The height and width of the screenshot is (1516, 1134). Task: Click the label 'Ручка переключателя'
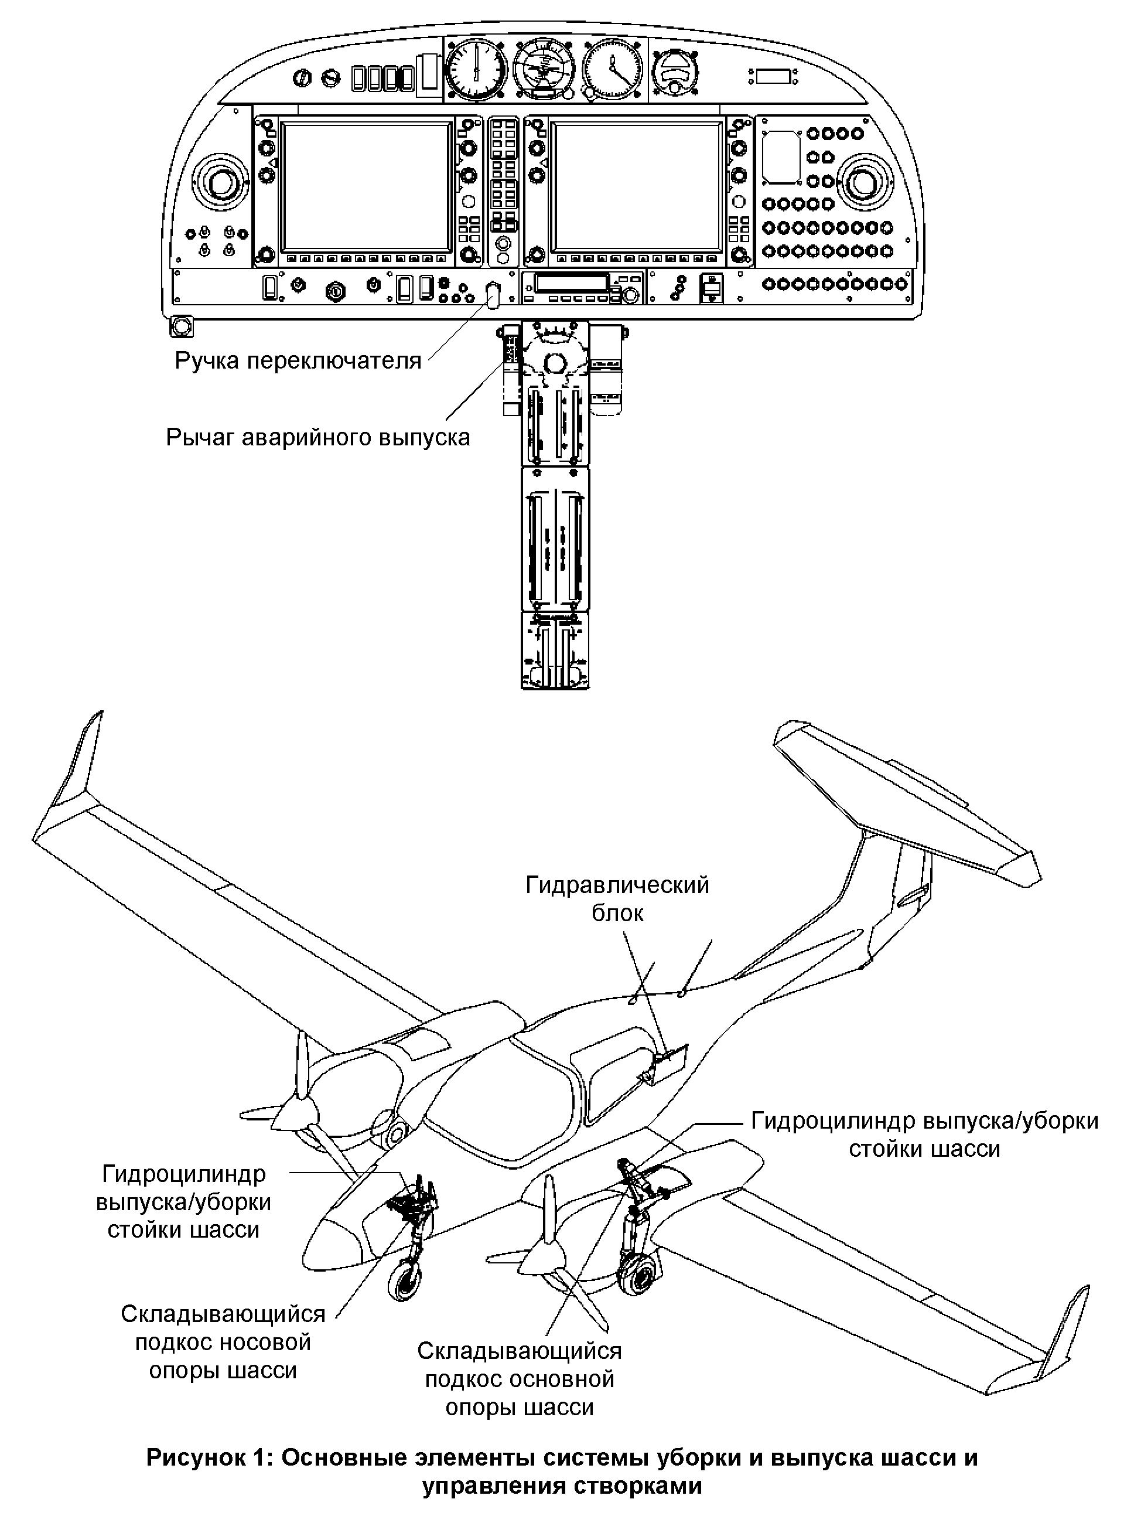coord(298,360)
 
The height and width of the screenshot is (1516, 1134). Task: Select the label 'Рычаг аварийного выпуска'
coord(318,437)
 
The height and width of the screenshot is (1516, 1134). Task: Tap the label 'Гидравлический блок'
coord(617,898)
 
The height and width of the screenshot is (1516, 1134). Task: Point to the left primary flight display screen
coord(365,186)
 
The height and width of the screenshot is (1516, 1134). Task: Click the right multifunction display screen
coord(636,186)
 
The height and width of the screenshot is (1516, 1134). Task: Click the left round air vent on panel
coord(218,183)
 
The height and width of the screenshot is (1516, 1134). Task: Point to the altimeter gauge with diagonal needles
coord(612,70)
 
